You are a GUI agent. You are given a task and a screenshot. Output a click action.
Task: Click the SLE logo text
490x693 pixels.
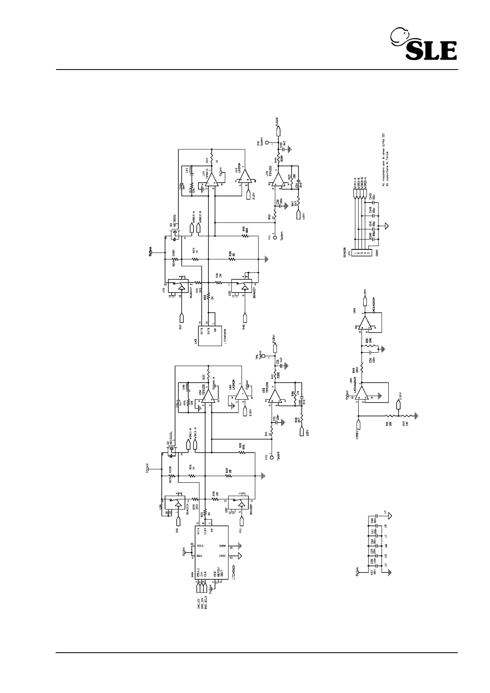tap(431, 51)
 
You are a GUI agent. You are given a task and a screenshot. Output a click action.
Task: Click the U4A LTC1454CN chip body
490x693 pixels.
tap(212, 551)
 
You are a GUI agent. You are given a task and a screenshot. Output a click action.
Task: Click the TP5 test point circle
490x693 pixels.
tap(271, 456)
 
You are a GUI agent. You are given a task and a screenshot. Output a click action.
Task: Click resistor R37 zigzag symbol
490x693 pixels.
tap(228, 476)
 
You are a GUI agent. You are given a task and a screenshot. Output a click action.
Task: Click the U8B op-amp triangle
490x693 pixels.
tap(365, 323)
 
